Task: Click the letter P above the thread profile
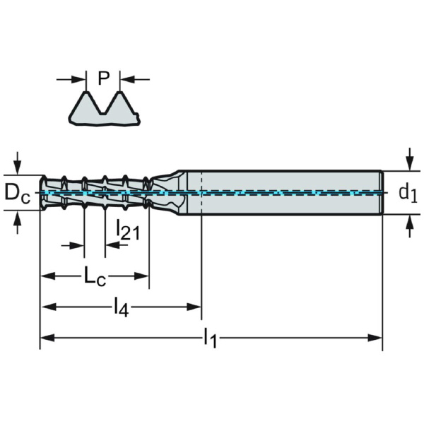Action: click(x=104, y=78)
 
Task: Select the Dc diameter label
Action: click(x=17, y=192)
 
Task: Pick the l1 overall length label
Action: click(x=210, y=338)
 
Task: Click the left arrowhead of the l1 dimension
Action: click(x=45, y=338)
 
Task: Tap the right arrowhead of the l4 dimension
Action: click(x=196, y=307)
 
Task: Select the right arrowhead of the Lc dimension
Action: click(x=144, y=276)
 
